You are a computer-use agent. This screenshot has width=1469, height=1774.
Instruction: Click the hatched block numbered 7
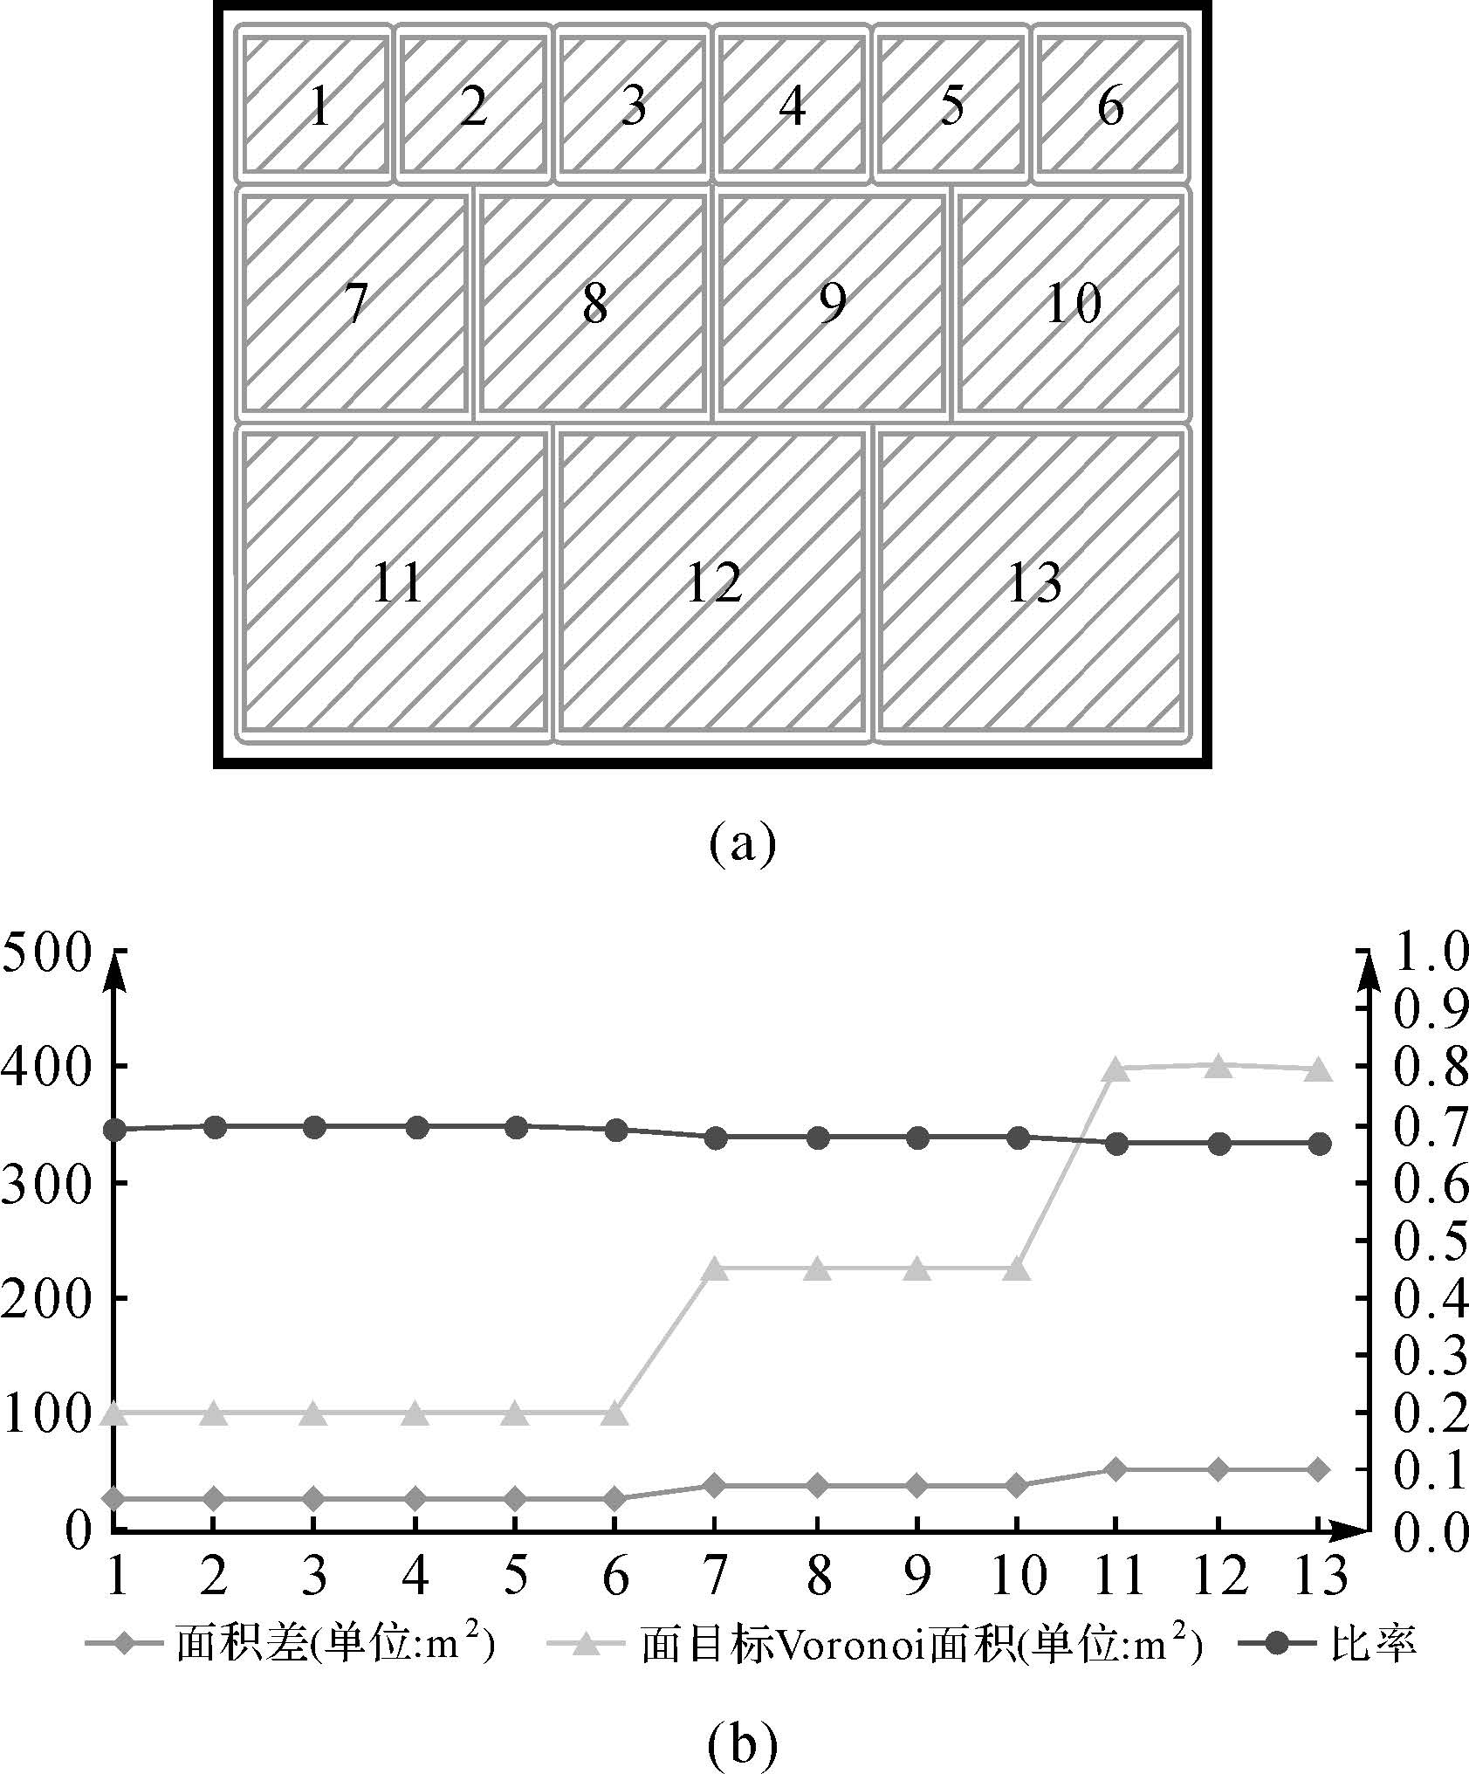[x=353, y=303]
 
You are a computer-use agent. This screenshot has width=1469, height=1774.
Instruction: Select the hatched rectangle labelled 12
[x=712, y=582]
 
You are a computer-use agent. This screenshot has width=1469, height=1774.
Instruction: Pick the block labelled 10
[x=1071, y=303]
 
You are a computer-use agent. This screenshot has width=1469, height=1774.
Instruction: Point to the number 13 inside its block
[x=1034, y=582]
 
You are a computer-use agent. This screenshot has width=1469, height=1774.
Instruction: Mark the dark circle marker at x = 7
[x=716, y=1138]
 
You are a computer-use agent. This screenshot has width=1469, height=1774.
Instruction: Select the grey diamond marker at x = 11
[x=1115, y=1469]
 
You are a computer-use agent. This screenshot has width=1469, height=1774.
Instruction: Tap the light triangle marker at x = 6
[x=615, y=1413]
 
